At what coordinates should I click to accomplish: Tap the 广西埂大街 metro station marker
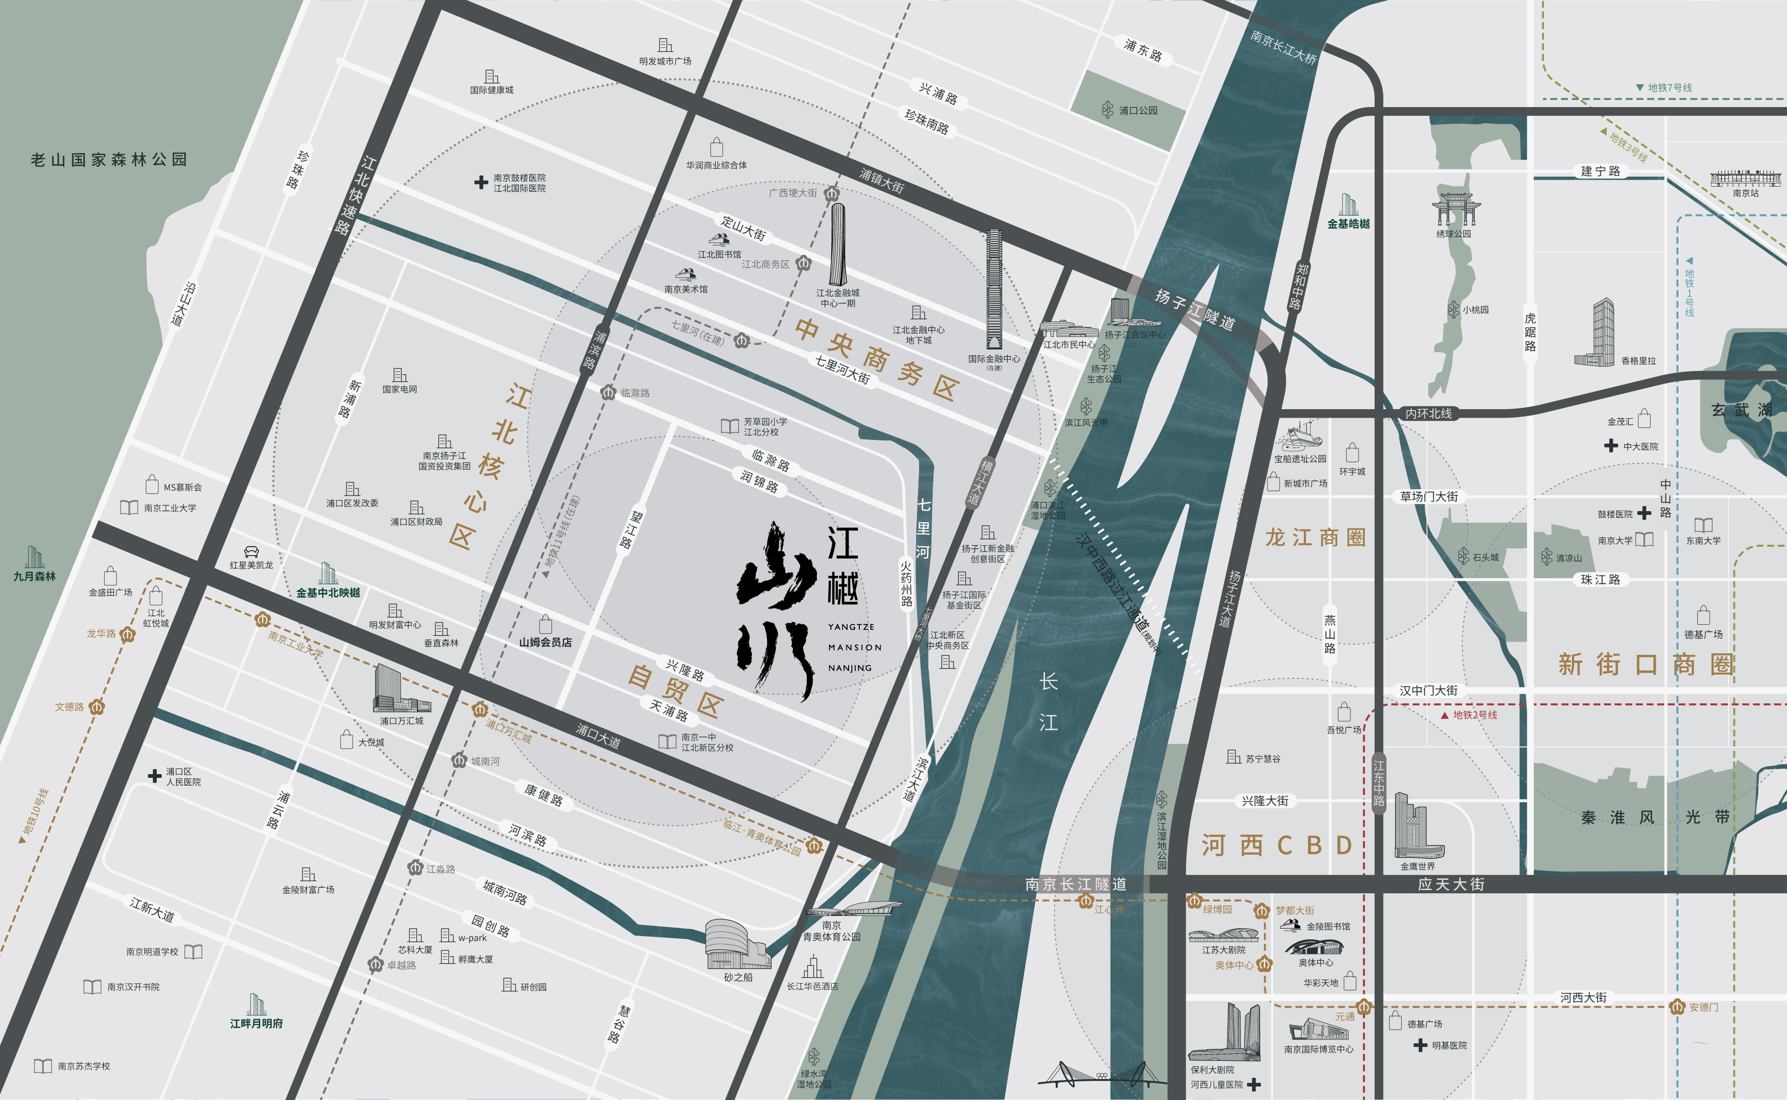(832, 194)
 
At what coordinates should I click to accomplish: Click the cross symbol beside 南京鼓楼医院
(481, 182)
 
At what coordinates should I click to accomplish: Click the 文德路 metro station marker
(97, 707)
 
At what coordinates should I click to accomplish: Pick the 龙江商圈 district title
(1315, 538)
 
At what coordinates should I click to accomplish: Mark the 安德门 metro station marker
(1677, 1007)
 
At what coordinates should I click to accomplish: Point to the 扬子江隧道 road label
(1195, 310)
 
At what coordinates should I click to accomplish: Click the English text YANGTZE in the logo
(851, 627)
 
